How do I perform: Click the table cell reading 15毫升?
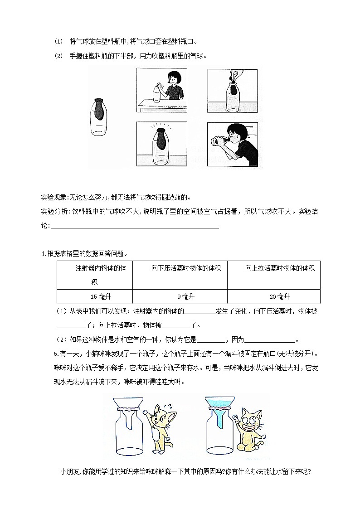[x=94, y=297]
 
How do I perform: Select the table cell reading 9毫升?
[x=180, y=297]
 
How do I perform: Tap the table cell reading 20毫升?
[x=273, y=297]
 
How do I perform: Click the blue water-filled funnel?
[x=217, y=405]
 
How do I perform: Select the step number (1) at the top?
[x=58, y=41]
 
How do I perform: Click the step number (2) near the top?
[x=58, y=56]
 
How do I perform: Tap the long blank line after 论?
[x=135, y=226]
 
